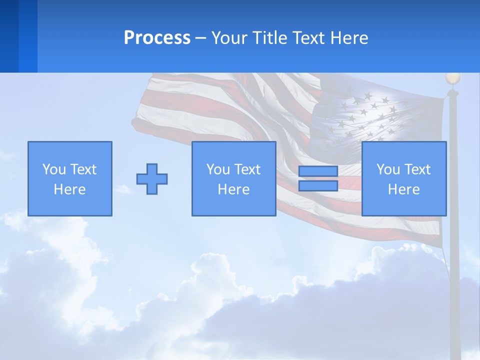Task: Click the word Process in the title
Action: point(157,38)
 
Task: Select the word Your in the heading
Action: point(230,38)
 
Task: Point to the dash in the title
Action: point(201,38)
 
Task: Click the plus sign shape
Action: point(152,179)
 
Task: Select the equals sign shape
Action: point(318,178)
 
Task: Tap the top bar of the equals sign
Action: point(318,171)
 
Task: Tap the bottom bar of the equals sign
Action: point(318,185)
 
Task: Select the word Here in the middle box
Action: point(234,189)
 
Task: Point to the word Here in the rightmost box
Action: point(404,189)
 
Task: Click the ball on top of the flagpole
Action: point(453,78)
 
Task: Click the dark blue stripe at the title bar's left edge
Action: point(9,36)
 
